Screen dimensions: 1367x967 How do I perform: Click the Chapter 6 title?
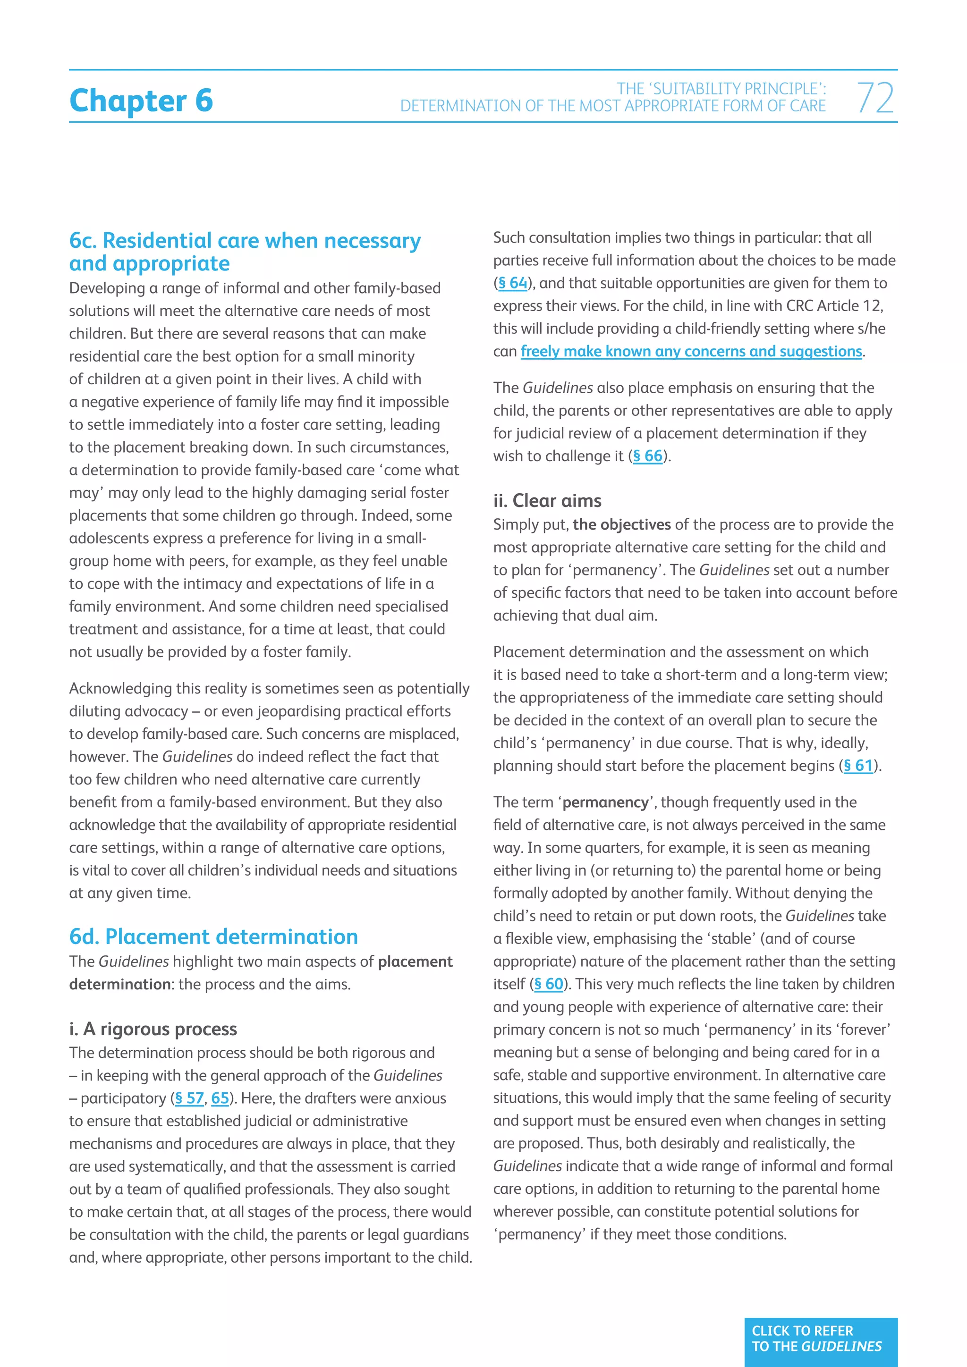pos(141,100)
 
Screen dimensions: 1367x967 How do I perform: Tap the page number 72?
pos(875,98)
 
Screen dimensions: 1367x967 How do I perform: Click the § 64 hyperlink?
pos(513,283)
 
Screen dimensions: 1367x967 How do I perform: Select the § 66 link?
pos(648,456)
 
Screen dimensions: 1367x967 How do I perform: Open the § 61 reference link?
pos(858,766)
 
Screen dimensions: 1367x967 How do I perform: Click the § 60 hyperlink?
pos(548,984)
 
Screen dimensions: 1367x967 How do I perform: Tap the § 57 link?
pos(189,1098)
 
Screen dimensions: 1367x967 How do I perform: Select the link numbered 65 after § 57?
pos(220,1098)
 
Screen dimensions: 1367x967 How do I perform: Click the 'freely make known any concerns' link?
pos(691,352)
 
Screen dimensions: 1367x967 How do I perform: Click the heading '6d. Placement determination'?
pos(213,937)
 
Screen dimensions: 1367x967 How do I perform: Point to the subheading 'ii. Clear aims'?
pos(547,501)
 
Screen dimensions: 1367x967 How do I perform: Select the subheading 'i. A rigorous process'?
pos(153,1029)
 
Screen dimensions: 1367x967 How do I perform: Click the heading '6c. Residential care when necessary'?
pos(245,241)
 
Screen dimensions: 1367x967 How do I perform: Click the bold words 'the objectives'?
pos(622,524)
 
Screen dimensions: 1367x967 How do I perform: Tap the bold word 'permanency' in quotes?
pos(605,802)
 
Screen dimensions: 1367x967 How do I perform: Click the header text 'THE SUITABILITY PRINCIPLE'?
pos(721,89)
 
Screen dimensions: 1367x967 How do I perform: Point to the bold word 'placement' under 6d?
pos(415,962)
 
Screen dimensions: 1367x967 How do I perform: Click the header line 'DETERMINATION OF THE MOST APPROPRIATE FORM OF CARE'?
pos(613,106)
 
